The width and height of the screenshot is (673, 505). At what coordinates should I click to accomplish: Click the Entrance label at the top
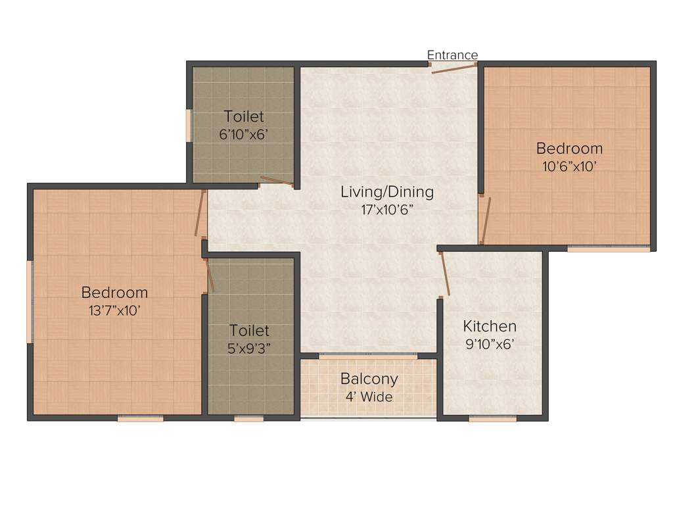click(452, 55)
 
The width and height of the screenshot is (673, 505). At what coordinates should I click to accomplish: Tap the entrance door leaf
click(453, 68)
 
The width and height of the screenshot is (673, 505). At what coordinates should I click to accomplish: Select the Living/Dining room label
click(387, 192)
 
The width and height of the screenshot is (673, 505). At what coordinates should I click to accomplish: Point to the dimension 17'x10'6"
click(386, 210)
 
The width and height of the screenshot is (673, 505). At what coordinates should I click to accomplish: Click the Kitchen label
click(490, 326)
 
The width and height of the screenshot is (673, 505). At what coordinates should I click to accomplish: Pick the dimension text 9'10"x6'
click(490, 344)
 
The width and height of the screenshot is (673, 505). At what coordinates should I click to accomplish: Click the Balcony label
click(369, 379)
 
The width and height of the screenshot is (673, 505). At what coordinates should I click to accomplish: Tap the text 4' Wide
click(369, 397)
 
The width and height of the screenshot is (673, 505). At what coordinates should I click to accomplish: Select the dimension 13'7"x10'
click(114, 310)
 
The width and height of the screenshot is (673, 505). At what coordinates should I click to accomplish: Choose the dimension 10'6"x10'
click(569, 166)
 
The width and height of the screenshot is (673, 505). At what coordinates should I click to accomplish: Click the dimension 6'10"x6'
click(244, 134)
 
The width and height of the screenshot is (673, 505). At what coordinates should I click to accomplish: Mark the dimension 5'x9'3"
click(249, 349)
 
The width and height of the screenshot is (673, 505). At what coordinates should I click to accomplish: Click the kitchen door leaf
click(445, 274)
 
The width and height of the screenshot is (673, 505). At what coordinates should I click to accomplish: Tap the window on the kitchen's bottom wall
click(492, 418)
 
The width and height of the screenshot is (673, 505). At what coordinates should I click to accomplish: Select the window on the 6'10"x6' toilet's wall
click(189, 126)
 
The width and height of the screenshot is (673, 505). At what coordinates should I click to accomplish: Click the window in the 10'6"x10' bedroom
click(609, 249)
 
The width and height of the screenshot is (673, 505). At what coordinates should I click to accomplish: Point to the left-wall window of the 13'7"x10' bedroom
click(30, 301)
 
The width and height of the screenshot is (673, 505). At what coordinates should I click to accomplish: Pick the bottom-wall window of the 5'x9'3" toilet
click(248, 418)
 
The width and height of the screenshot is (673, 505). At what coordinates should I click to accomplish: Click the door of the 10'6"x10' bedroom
click(486, 220)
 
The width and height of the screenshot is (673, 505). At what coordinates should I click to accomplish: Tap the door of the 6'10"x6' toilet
click(276, 181)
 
